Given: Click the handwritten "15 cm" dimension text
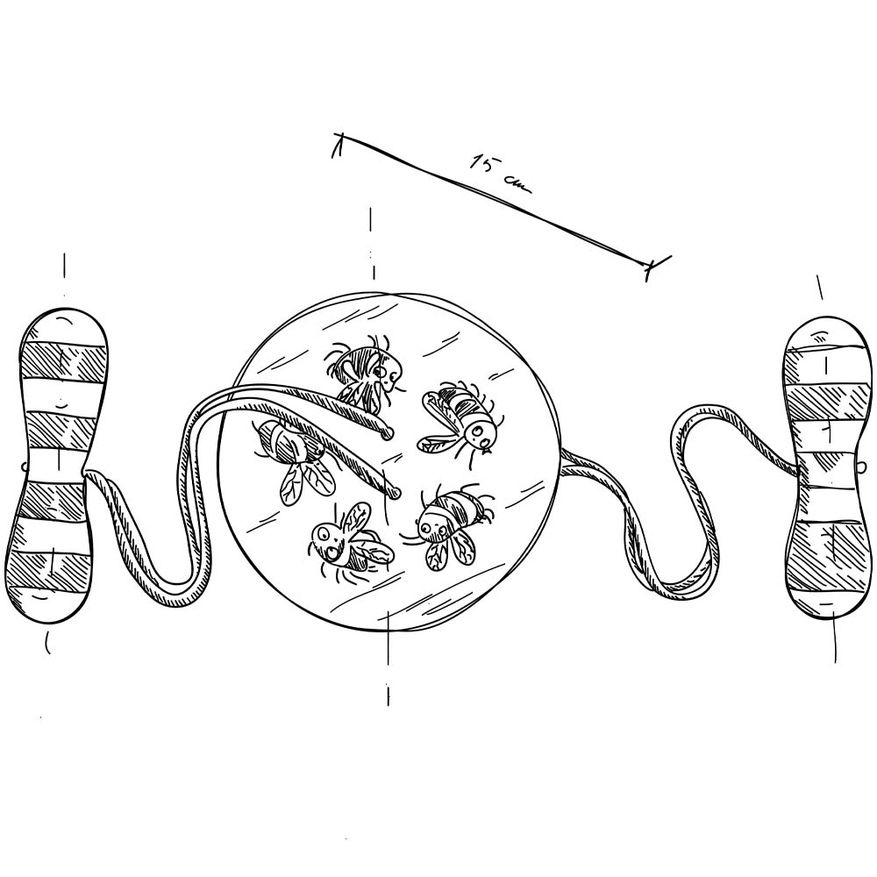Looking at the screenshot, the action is tap(500, 174).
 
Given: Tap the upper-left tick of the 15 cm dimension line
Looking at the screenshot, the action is tap(338, 145).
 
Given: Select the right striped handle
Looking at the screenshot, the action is tap(827, 467).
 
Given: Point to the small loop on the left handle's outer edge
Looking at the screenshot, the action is tap(23, 466).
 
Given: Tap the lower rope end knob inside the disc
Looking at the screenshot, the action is tap(396, 493).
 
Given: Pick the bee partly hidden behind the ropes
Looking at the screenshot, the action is tap(296, 458).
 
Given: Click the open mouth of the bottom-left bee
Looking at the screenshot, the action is tap(332, 553).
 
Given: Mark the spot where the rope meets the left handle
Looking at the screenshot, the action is tap(86, 474).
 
